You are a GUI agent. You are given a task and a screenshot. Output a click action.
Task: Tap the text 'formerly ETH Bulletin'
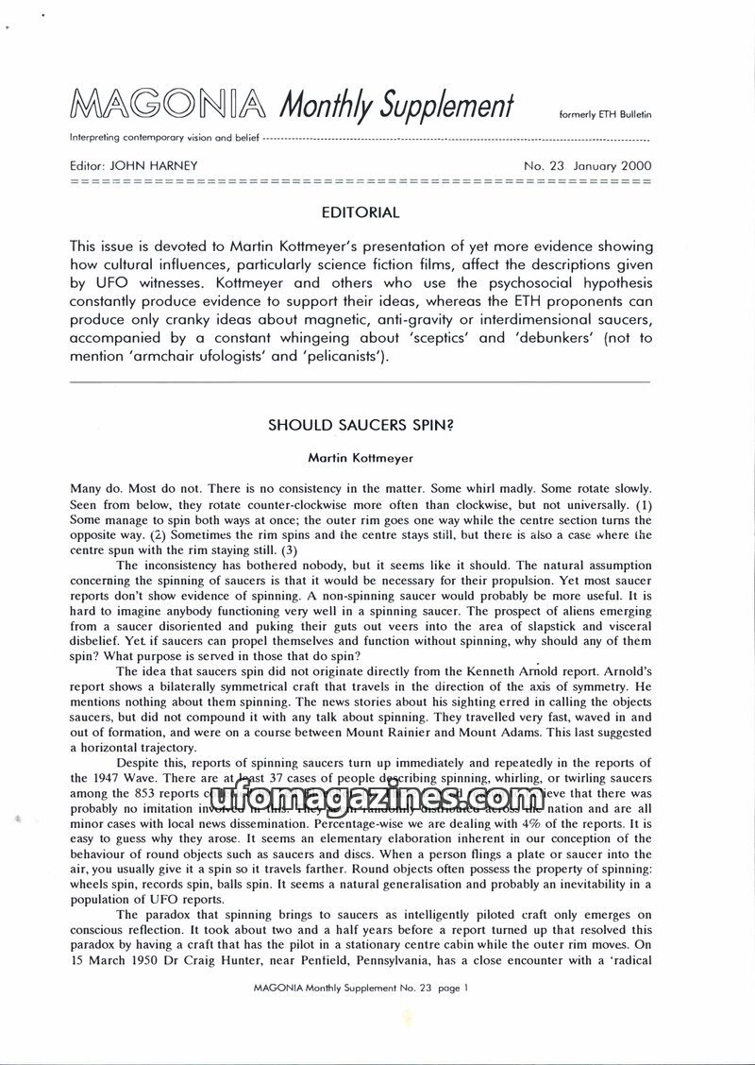click(x=606, y=114)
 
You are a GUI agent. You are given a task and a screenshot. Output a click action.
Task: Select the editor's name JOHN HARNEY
click(x=155, y=165)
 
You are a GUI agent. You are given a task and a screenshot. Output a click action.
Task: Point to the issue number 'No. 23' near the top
click(x=544, y=165)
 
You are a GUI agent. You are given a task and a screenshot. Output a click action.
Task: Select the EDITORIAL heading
click(x=360, y=212)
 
